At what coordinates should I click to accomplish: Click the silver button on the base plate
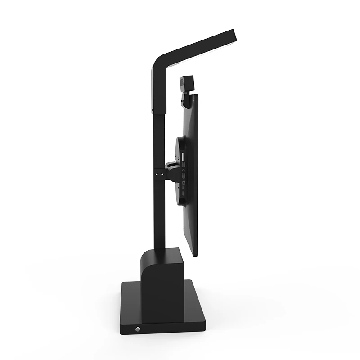[x=137, y=329]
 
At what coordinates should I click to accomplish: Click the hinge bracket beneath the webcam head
[x=186, y=100]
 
